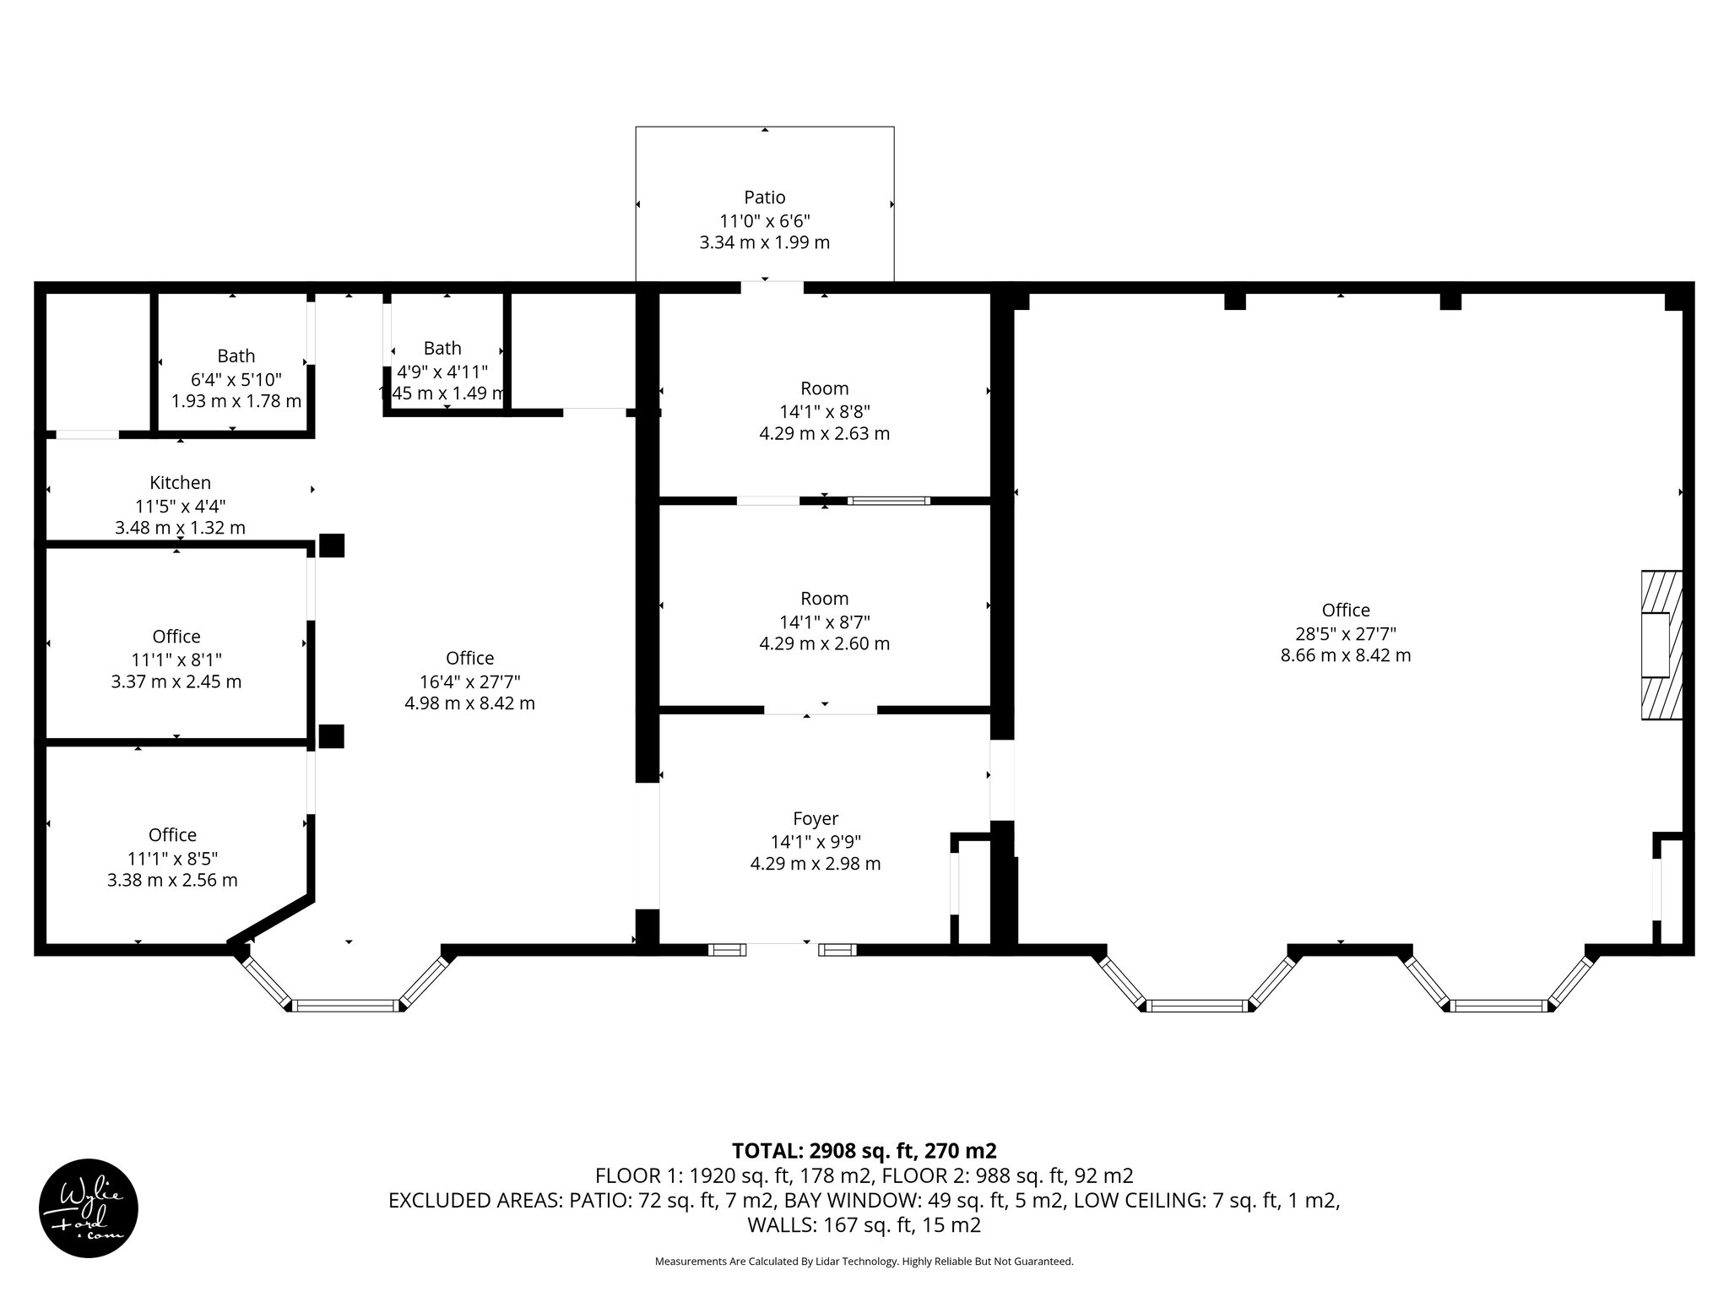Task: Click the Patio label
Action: (x=764, y=198)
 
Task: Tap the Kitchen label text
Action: (x=180, y=483)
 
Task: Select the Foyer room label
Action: (x=816, y=818)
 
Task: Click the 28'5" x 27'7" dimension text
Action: (x=1345, y=633)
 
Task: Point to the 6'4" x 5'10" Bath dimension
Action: (x=236, y=379)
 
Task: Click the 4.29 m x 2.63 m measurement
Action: (x=824, y=434)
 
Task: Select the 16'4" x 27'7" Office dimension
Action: (x=469, y=681)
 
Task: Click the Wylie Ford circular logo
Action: (x=89, y=1208)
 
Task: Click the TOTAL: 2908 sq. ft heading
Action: (x=864, y=1151)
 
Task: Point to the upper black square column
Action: (x=331, y=545)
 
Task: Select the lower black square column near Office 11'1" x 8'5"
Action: (x=331, y=736)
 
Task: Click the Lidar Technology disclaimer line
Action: (x=864, y=1262)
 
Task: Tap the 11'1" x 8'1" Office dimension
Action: (x=176, y=659)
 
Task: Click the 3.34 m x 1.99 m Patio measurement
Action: (x=764, y=243)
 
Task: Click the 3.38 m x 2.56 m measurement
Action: (x=172, y=881)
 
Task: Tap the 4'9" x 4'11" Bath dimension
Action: (x=442, y=372)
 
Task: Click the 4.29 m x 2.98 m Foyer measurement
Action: (x=816, y=864)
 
